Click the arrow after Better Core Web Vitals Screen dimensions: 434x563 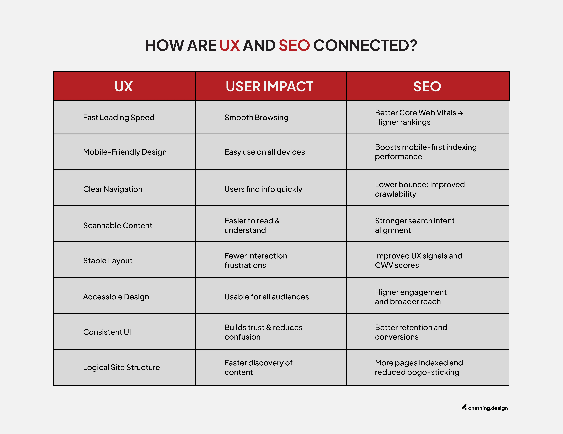[x=460, y=113]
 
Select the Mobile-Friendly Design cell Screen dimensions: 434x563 [x=125, y=152]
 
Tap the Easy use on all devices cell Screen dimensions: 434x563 [x=265, y=152]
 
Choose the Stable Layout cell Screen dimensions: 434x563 [x=108, y=260]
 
